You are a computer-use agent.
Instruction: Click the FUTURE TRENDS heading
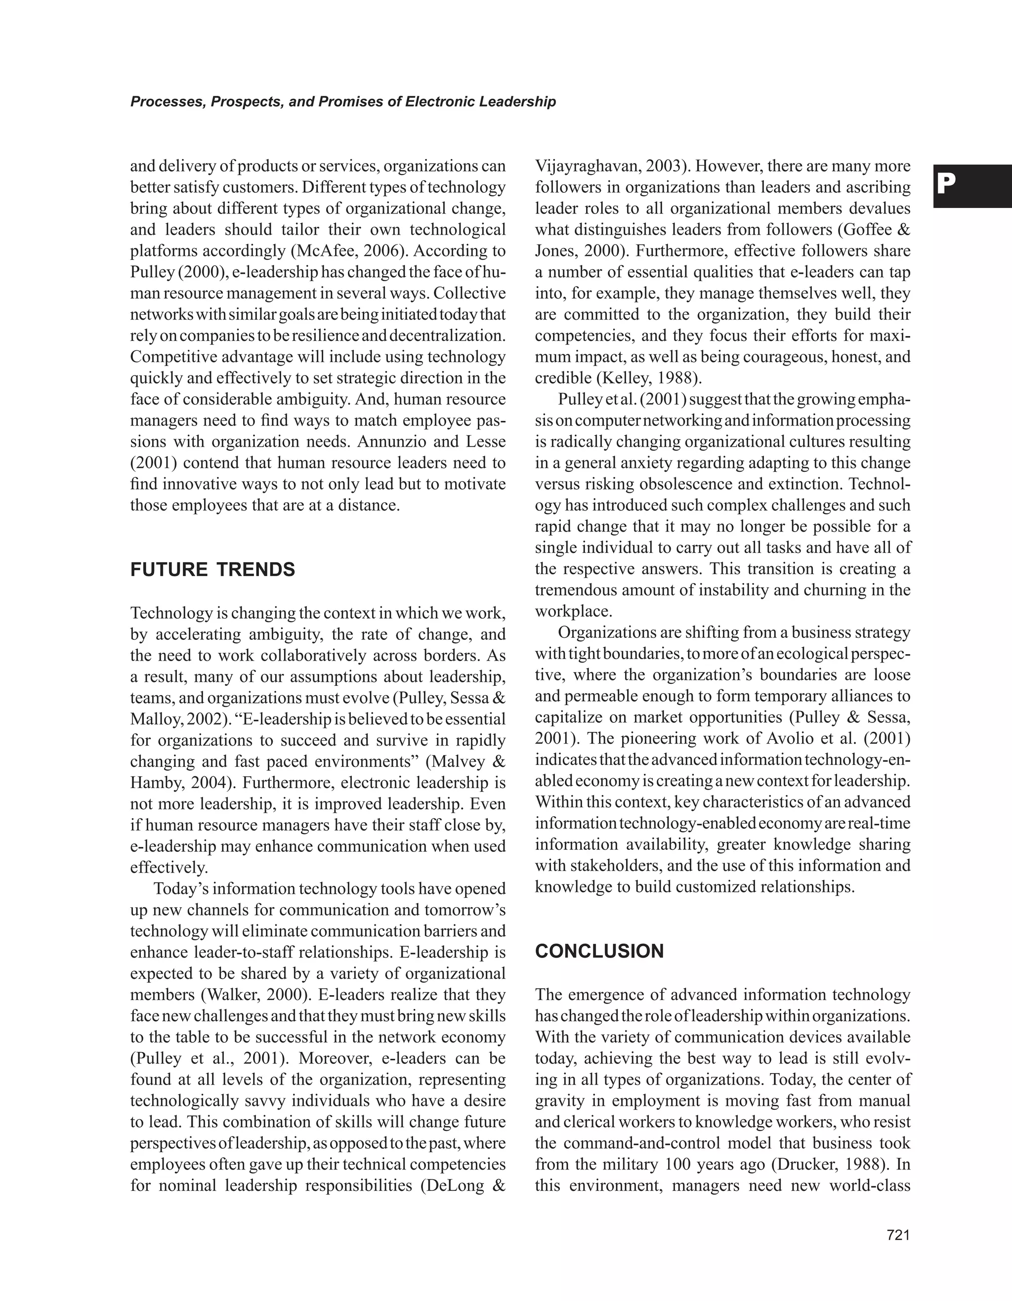click(212, 570)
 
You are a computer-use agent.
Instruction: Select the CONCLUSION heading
click(599, 951)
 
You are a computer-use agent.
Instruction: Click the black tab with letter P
click(971, 186)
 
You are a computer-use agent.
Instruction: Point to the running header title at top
click(343, 102)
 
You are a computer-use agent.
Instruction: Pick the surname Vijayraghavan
click(583, 166)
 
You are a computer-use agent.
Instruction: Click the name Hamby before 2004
click(157, 783)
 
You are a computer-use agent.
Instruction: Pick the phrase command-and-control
click(664, 1143)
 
